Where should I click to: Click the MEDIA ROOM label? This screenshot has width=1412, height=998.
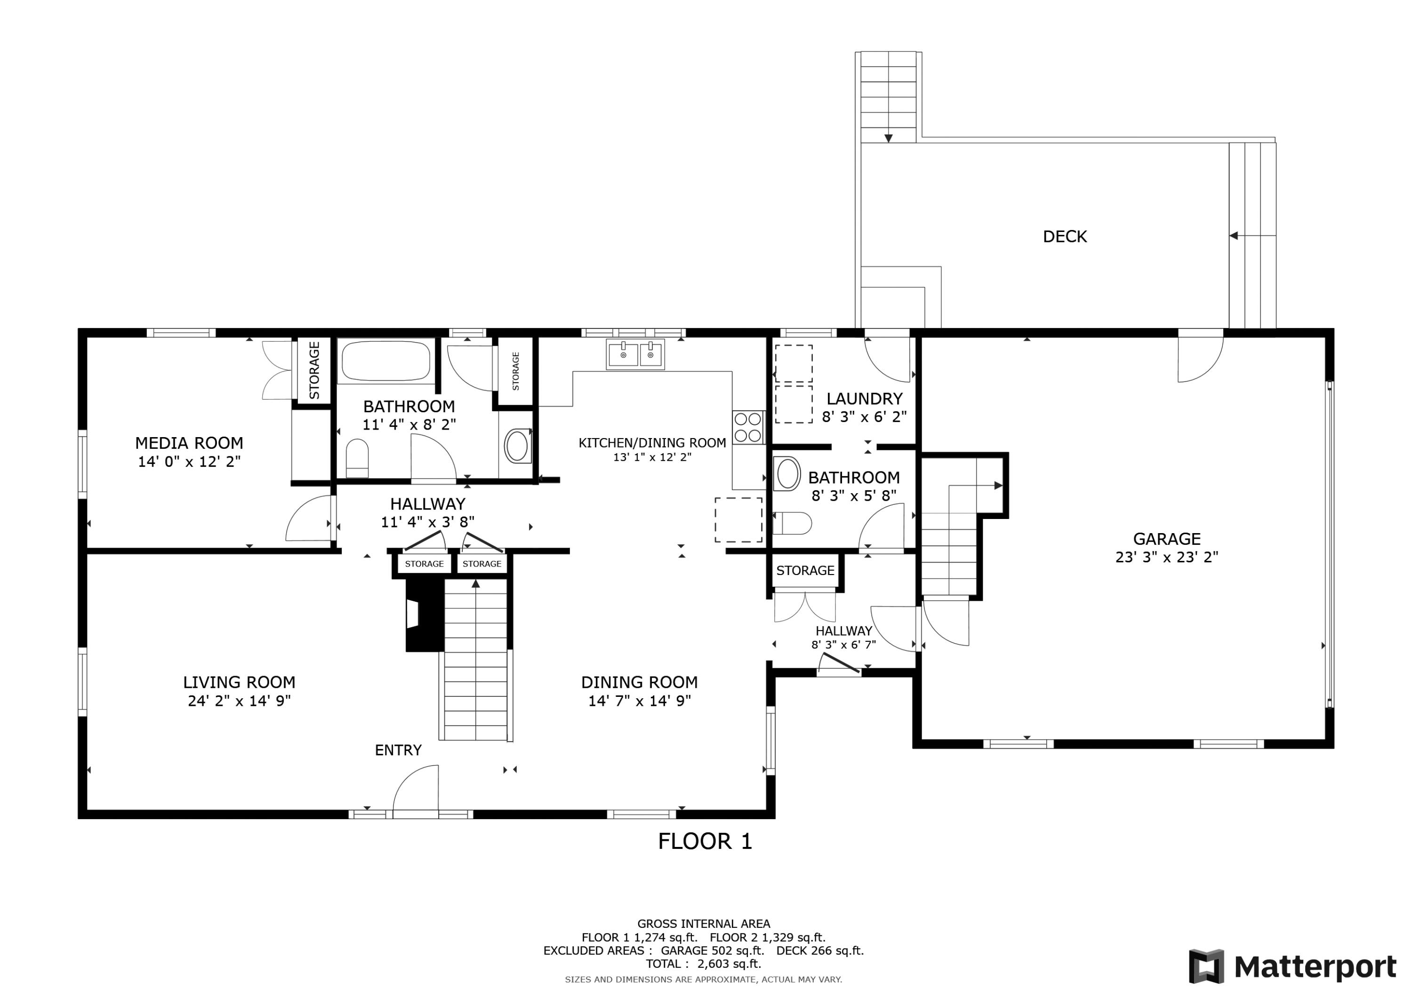[189, 443]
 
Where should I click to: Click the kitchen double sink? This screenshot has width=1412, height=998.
[635, 354]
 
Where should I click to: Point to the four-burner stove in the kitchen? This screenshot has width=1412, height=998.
[748, 427]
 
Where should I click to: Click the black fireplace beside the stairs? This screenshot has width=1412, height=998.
[425, 615]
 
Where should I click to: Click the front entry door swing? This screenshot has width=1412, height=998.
[416, 791]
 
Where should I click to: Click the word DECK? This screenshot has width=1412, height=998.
[1065, 237]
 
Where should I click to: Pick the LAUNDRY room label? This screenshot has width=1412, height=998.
[864, 399]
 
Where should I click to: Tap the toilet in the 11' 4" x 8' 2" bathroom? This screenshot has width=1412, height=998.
[357, 458]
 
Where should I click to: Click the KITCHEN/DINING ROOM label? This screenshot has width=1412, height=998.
[652, 443]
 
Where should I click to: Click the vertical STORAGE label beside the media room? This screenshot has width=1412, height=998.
[314, 370]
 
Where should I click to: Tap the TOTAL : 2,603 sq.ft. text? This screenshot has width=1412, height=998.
[704, 964]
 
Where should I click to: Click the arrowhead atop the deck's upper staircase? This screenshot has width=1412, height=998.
[888, 138]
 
